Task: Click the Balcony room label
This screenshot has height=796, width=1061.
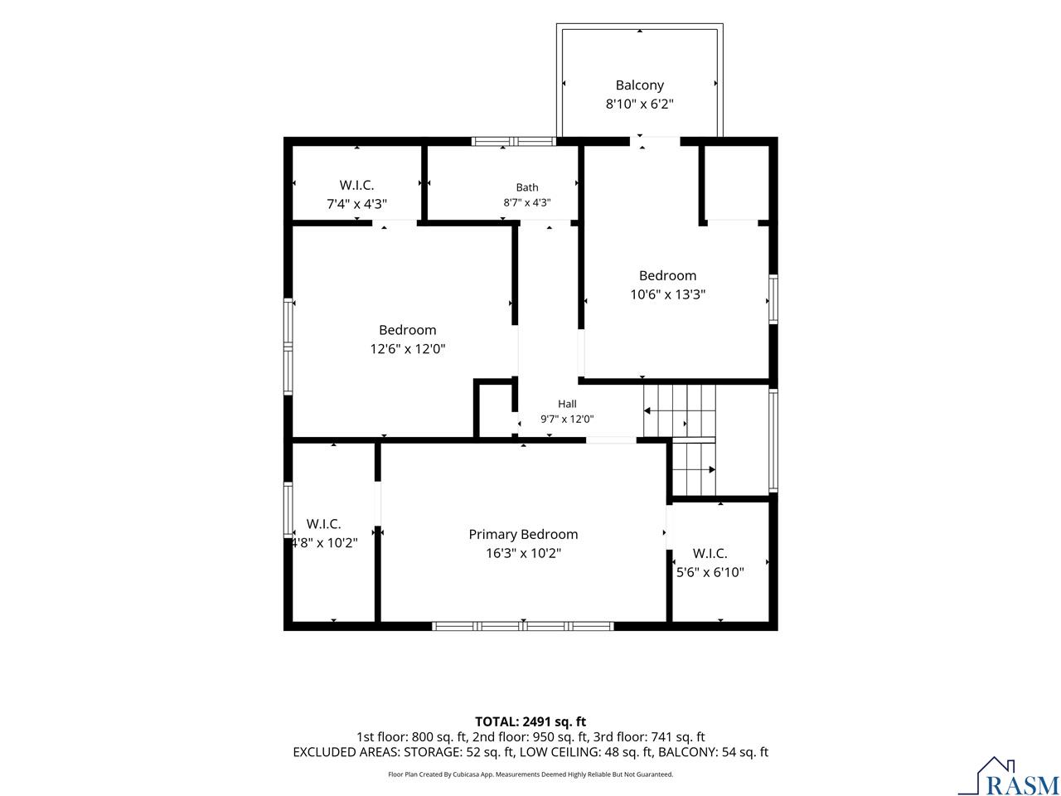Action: (x=639, y=85)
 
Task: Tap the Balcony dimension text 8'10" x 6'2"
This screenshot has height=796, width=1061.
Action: (x=639, y=104)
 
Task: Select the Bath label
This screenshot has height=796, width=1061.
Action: (x=527, y=187)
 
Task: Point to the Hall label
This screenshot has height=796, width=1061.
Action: (x=567, y=404)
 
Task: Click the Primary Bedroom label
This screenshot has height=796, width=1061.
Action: (x=523, y=535)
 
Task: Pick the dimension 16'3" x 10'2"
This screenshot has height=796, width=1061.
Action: (x=523, y=553)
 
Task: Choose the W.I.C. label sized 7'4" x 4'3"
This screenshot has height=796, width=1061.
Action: (x=356, y=185)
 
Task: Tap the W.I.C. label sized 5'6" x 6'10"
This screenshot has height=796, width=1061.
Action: (x=710, y=553)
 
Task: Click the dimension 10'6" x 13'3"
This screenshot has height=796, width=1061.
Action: (x=667, y=294)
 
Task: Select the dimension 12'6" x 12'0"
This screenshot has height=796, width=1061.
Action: (x=408, y=349)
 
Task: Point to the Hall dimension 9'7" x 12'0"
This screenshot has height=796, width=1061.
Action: (x=567, y=419)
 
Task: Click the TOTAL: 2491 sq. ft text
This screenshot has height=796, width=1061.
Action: (x=530, y=721)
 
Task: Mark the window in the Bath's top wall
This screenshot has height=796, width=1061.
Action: (x=513, y=142)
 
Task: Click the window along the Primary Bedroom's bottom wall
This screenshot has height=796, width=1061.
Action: (x=522, y=626)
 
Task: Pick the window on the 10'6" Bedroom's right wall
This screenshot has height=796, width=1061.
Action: (x=773, y=299)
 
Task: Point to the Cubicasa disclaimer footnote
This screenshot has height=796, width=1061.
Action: (x=530, y=774)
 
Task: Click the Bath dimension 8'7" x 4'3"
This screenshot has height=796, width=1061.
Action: (x=527, y=202)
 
